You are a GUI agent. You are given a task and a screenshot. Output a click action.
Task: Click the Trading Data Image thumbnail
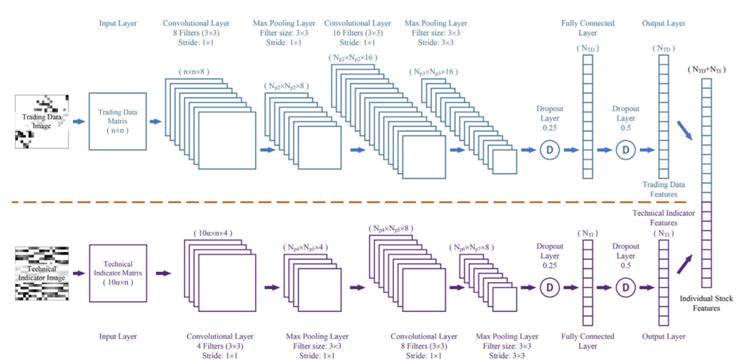41,121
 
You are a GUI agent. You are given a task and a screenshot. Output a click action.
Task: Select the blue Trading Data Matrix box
118,121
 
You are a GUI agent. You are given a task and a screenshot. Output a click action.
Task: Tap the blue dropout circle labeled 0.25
550,150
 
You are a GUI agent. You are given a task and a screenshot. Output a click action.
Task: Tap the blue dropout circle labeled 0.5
626,150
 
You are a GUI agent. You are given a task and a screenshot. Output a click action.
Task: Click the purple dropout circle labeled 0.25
550,286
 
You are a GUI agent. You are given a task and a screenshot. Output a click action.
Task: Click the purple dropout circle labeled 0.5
626,286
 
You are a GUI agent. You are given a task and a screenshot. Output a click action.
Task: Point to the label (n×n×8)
195,72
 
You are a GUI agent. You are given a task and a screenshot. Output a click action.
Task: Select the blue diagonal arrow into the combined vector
684,129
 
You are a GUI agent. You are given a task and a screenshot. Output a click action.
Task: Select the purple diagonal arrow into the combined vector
684,262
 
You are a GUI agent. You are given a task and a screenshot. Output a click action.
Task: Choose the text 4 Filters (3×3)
215,346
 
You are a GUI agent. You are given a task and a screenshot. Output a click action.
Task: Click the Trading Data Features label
664,189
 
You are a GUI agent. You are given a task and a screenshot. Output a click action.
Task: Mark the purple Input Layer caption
118,337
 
